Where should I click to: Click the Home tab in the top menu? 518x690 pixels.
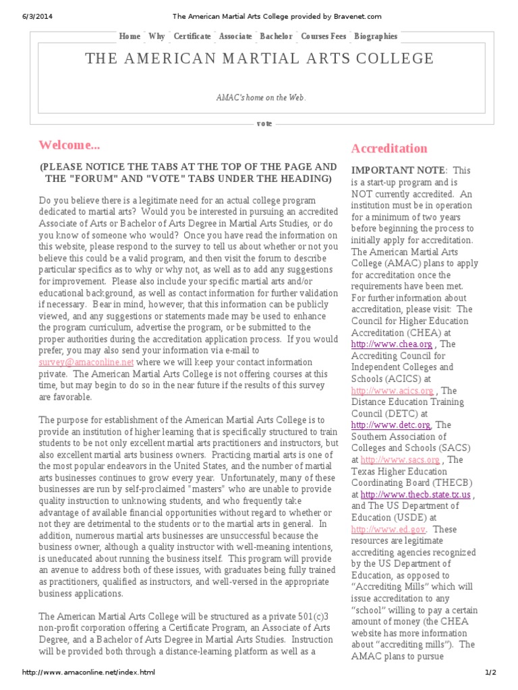point(129,36)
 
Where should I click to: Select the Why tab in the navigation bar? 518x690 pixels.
point(156,36)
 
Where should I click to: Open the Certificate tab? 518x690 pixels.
point(192,36)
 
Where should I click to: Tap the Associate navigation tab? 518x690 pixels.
point(235,36)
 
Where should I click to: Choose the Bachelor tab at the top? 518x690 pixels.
point(276,36)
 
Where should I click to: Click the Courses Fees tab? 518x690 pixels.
point(323,36)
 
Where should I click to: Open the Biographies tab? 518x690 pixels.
point(376,36)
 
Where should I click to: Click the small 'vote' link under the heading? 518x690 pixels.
point(264,124)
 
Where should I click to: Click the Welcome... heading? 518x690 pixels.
point(69,145)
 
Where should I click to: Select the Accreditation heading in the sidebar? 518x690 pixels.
point(389,148)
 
